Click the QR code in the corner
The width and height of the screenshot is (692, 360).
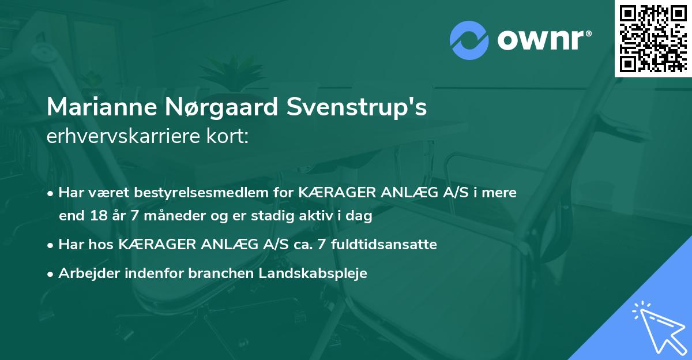click(x=653, y=39)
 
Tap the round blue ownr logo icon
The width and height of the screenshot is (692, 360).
click(x=470, y=40)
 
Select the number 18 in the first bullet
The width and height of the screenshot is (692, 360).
click(x=94, y=216)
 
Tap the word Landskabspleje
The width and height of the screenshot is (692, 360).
click(x=319, y=273)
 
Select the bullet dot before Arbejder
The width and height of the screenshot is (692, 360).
click(x=51, y=274)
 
